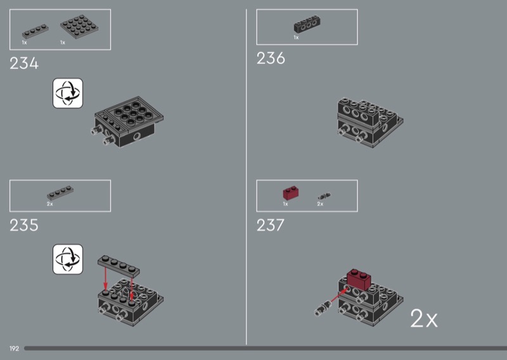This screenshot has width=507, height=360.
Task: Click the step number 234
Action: [x=24, y=63]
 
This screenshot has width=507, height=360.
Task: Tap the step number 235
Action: [x=24, y=225]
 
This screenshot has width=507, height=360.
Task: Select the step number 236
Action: [x=271, y=58]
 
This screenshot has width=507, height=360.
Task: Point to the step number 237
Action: [x=271, y=225]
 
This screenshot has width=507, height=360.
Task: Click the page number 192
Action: [x=14, y=349]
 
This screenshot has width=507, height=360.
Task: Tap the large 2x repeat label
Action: [x=423, y=319]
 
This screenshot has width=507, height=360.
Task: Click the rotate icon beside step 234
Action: [x=68, y=93]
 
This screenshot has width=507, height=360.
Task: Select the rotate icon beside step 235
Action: [x=68, y=259]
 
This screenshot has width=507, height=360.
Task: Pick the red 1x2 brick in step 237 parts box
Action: [x=291, y=193]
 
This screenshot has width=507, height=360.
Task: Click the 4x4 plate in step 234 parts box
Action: [x=79, y=27]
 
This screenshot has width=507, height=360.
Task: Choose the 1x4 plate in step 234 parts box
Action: [x=35, y=32]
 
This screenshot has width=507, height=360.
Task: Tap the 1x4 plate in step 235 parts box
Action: [x=60, y=193]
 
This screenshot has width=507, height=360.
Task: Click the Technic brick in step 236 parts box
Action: [x=307, y=24]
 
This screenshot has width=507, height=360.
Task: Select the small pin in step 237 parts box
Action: [x=324, y=196]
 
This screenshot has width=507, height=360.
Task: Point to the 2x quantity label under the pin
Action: [x=320, y=204]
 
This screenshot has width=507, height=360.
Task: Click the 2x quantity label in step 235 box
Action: [x=50, y=204]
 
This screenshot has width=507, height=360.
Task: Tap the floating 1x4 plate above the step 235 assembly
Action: [x=119, y=266]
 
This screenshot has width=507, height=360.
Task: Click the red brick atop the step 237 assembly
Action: [x=359, y=279]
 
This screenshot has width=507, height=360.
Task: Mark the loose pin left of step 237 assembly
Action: [x=323, y=308]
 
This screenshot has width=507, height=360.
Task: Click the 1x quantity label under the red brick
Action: [x=286, y=204]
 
